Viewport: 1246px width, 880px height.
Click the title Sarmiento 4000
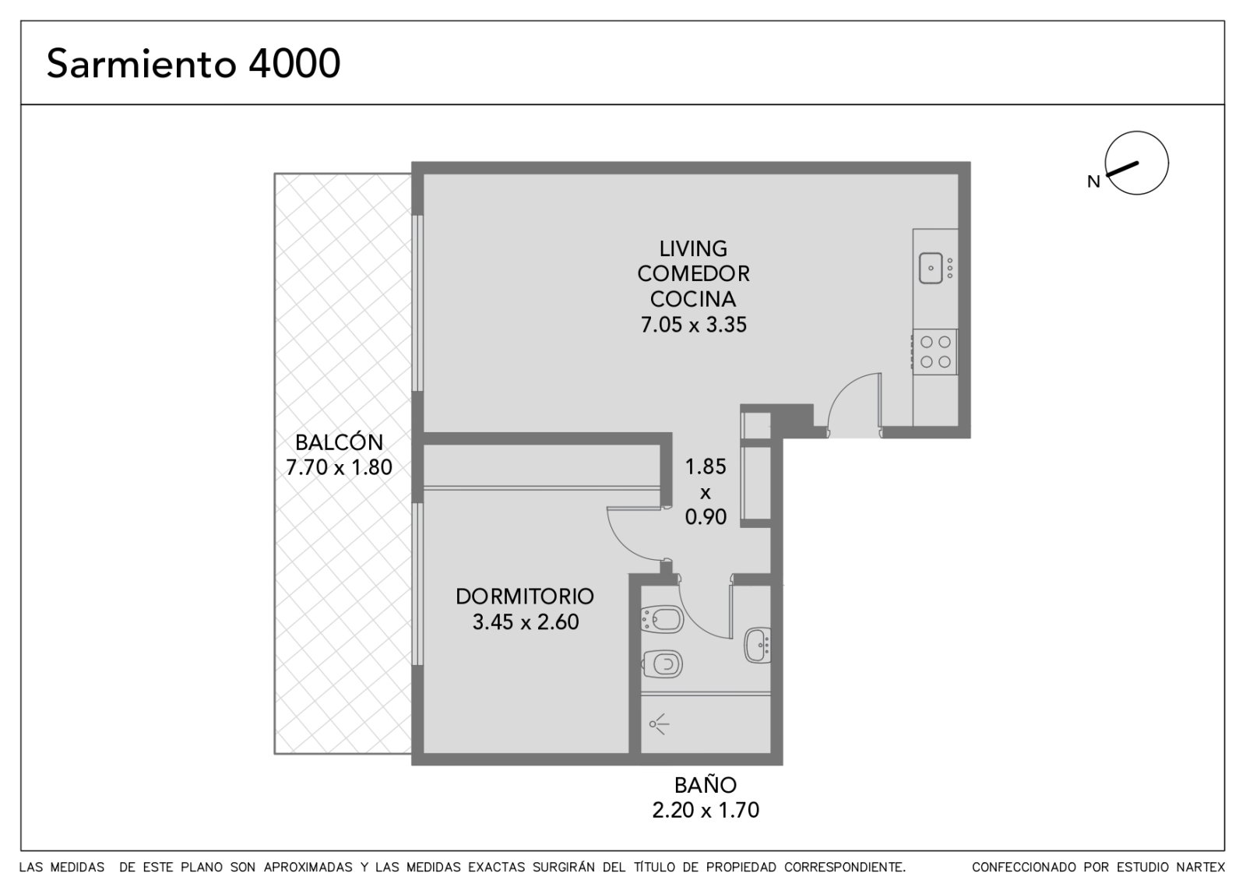[x=193, y=63]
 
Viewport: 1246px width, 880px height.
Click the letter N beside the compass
[x=1093, y=182]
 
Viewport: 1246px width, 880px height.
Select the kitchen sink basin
[x=931, y=268]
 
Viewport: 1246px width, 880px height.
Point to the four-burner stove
[x=935, y=352]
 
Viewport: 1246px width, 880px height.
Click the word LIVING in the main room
[x=693, y=248]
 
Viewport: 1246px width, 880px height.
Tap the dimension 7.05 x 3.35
[x=693, y=324]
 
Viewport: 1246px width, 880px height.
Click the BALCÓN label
[x=340, y=442]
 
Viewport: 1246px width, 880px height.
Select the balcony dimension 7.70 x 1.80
[x=340, y=467]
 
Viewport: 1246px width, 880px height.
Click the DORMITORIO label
[x=525, y=597]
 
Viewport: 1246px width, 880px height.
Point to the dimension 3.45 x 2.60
[x=526, y=622]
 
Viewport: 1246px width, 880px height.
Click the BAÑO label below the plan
[x=706, y=785]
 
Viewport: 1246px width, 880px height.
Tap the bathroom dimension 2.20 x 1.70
[x=706, y=810]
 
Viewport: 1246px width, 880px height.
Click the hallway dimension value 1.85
[x=706, y=466]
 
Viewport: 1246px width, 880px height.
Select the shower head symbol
[x=659, y=724]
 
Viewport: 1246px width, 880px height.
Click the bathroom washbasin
[x=758, y=646]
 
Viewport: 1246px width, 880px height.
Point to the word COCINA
[x=693, y=299]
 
